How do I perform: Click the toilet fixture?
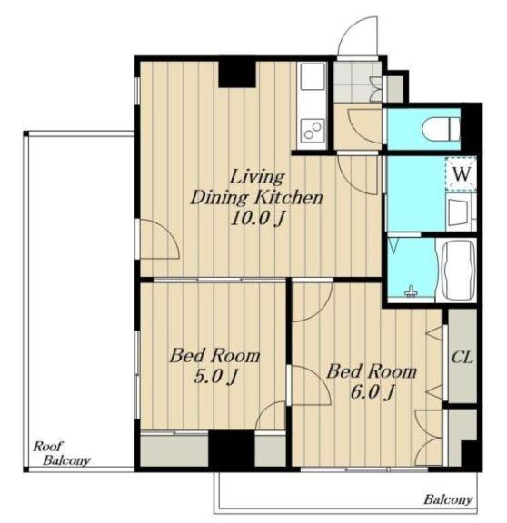click(x=441, y=129)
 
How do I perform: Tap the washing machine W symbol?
click(x=461, y=173)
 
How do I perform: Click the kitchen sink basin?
click(x=313, y=76)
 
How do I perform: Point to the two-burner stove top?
click(x=313, y=130)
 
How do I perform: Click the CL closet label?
click(x=462, y=358)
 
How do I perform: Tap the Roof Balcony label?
click(x=62, y=453)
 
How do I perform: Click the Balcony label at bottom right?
click(x=448, y=499)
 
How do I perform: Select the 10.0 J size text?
click(x=257, y=219)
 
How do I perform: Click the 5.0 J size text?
click(x=215, y=377)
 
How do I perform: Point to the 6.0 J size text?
click(x=373, y=392)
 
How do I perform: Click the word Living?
click(x=257, y=177)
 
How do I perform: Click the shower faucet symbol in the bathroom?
click(x=411, y=291)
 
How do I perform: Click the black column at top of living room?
click(x=237, y=74)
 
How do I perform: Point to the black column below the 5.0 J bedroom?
click(x=232, y=449)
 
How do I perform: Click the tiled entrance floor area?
click(x=357, y=82)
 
